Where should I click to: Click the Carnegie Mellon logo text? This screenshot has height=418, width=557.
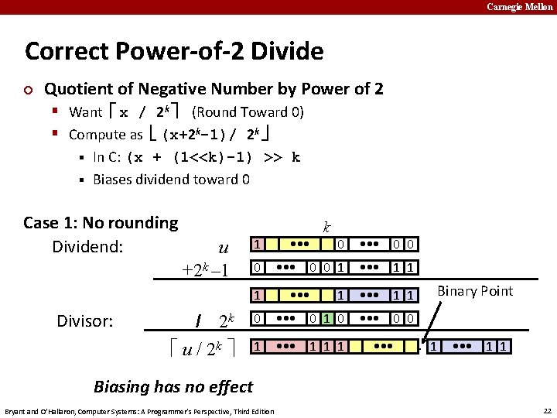(x=519, y=7)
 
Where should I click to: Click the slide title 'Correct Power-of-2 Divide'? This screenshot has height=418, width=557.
(x=174, y=52)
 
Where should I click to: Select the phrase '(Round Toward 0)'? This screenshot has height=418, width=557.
(x=248, y=111)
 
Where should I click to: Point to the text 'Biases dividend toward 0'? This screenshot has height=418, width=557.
(x=171, y=180)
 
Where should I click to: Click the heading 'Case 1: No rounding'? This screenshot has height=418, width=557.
(x=101, y=223)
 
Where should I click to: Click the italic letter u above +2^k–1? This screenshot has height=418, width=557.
(x=224, y=248)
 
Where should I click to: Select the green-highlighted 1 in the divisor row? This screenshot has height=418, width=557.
(x=328, y=319)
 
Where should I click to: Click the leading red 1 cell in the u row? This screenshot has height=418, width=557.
(x=258, y=245)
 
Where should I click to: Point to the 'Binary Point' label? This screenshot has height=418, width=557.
(x=475, y=291)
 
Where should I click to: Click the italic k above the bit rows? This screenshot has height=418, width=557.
(x=327, y=228)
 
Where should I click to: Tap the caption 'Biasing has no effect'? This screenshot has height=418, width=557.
(x=173, y=386)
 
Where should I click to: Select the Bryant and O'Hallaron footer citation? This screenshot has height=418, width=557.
(x=139, y=410)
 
